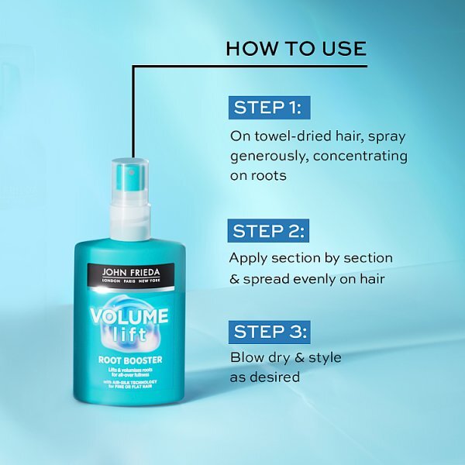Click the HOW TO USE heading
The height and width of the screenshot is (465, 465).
(295, 49)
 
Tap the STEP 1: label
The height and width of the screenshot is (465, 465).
(268, 108)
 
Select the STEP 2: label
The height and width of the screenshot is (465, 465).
(268, 230)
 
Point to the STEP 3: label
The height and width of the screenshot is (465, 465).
(268, 332)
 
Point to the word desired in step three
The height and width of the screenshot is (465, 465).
(275, 377)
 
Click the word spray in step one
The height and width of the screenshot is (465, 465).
(386, 136)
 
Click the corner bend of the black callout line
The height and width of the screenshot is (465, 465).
(134, 67)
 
